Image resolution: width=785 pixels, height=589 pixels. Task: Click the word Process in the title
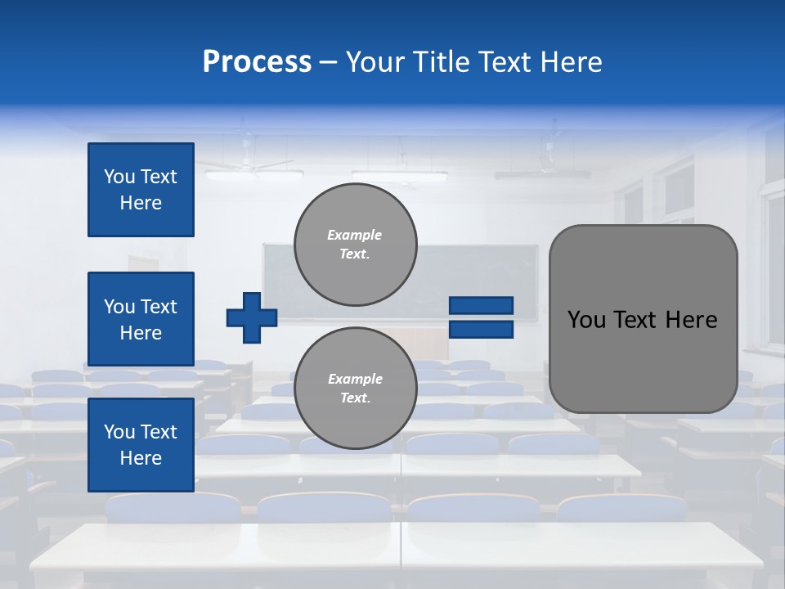coord(257,62)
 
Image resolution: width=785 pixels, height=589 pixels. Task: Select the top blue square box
coord(141,190)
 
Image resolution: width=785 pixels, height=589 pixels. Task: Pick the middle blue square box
coord(141,319)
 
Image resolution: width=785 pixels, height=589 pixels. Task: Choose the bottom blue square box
coord(141,444)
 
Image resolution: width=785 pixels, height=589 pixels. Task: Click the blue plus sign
coord(252,317)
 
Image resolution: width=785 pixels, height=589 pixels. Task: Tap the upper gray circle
coord(356,244)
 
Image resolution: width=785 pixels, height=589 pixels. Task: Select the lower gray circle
coord(356,388)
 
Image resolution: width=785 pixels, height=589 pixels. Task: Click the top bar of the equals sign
coord(482,305)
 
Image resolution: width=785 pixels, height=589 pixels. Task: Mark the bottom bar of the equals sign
coord(482,330)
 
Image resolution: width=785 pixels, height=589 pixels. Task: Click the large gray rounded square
coord(643,319)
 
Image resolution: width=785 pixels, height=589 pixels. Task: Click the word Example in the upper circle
coord(355,235)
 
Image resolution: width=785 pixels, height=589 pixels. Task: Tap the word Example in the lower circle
coord(355,379)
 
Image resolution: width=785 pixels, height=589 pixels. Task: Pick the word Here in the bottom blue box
coord(141,458)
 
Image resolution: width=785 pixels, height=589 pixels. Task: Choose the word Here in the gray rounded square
coord(691,320)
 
